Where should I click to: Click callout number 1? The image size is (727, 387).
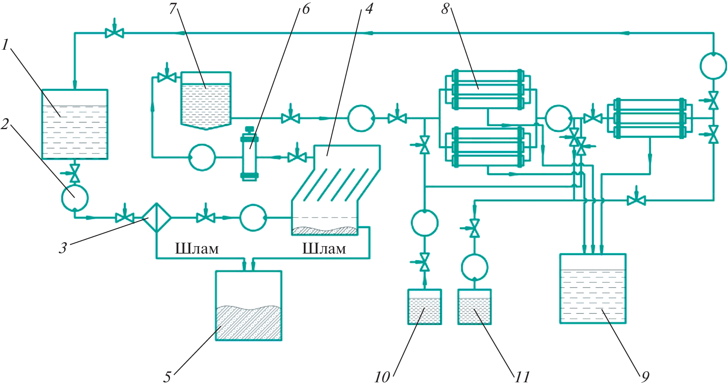point(5,45)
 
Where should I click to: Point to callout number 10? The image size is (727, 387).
point(382,377)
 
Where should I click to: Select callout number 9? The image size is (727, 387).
point(645,376)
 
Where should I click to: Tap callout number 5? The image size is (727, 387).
point(168,377)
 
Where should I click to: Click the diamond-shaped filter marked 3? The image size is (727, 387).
point(157,218)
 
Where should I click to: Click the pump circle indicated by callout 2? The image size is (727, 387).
point(75,198)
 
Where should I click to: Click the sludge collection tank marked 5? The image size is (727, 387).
point(249,306)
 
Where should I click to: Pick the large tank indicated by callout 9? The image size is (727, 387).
point(593,289)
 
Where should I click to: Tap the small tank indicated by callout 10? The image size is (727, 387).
point(424,307)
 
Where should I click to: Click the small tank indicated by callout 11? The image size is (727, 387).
point(474,307)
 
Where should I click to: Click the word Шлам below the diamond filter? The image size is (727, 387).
point(197,249)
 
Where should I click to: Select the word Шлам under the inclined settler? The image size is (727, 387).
point(324,249)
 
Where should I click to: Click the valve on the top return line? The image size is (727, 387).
point(114,33)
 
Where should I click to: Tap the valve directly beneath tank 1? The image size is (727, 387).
point(74,173)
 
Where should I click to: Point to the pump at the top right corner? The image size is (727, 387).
point(713,66)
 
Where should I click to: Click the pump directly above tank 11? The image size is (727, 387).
point(474,268)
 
